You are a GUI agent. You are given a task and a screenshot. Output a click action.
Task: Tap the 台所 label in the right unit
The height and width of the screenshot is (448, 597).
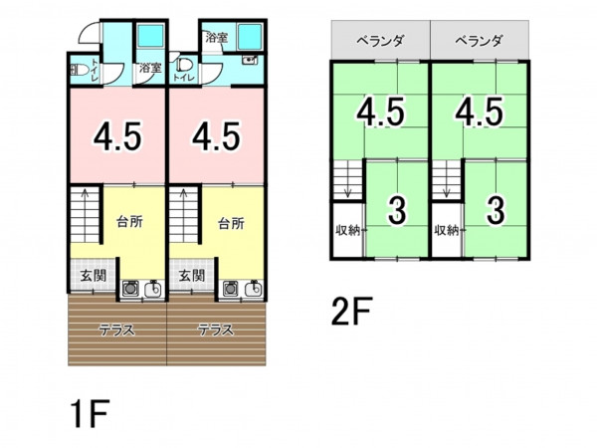point(230,222)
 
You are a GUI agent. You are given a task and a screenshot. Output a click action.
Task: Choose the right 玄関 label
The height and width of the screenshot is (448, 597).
point(192,276)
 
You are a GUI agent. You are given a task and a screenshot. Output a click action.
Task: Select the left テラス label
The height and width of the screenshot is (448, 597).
point(116,330)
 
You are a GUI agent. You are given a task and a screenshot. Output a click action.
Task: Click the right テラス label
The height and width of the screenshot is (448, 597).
point(216,330)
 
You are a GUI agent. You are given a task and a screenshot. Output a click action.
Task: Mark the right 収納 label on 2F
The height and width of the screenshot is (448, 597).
point(447,230)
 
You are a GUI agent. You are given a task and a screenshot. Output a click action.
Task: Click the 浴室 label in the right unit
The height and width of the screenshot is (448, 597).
point(217,37)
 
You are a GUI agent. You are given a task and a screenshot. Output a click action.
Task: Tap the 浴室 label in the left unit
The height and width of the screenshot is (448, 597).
point(149,69)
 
